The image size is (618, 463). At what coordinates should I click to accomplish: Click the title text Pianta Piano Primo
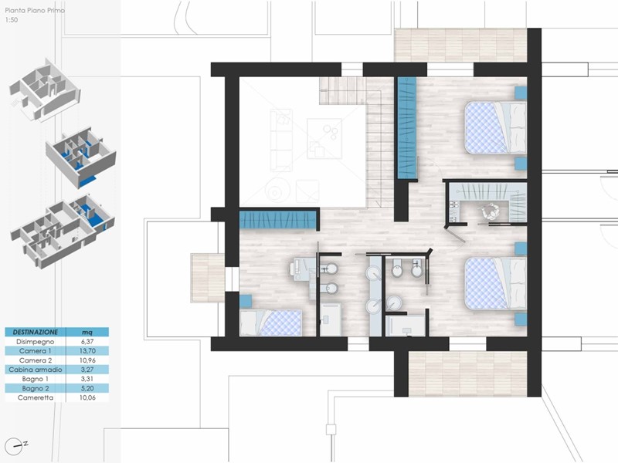tap(35, 11)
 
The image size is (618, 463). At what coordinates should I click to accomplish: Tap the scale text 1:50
tap(12, 20)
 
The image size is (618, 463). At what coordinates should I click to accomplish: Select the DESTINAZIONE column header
tap(35, 332)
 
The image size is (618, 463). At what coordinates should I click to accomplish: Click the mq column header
tap(87, 333)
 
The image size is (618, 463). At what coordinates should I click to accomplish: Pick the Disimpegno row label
tap(35, 341)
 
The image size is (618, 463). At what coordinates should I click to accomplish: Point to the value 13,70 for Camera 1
tap(87, 351)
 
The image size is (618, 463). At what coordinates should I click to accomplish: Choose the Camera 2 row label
tap(36, 360)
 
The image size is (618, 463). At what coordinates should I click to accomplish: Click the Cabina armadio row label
tap(35, 370)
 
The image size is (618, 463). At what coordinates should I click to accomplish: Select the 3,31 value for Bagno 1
tap(87, 379)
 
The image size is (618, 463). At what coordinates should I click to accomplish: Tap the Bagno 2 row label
tap(35, 389)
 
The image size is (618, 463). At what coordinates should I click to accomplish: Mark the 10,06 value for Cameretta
tap(87, 397)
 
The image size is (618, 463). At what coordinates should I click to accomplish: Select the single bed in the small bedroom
tap(271, 323)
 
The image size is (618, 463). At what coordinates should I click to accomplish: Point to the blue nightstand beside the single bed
tap(246, 301)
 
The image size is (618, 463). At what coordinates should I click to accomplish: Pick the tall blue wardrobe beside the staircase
tap(407, 127)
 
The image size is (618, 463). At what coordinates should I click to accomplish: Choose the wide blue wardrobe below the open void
tap(278, 220)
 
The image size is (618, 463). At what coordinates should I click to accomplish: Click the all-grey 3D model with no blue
tap(44, 90)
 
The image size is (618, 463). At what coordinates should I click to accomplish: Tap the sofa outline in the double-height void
tap(281, 140)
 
